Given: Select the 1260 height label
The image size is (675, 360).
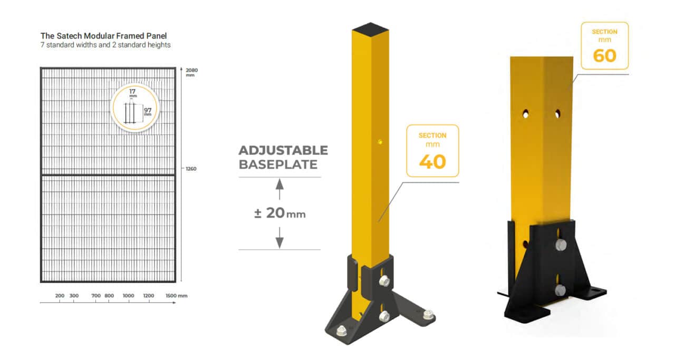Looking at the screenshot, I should [191, 169].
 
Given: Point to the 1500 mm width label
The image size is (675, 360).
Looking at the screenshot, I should [176, 296].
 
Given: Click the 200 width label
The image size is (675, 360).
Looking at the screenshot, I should [60, 296].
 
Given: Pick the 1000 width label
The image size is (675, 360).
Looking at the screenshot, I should [128, 296].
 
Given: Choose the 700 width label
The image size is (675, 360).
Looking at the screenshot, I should [95, 296].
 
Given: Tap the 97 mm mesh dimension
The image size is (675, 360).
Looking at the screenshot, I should [148, 112].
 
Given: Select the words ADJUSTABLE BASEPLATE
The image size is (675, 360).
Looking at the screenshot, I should [283, 157].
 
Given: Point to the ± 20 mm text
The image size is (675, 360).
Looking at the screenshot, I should [279, 213].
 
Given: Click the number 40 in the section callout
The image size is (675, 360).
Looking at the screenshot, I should [432, 162].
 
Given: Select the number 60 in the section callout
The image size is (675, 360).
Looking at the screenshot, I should [604, 55].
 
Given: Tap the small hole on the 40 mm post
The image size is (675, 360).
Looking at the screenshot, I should [380, 141].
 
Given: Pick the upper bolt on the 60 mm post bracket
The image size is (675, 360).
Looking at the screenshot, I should [560, 245].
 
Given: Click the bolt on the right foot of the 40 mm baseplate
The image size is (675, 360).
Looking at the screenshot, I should [427, 315].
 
